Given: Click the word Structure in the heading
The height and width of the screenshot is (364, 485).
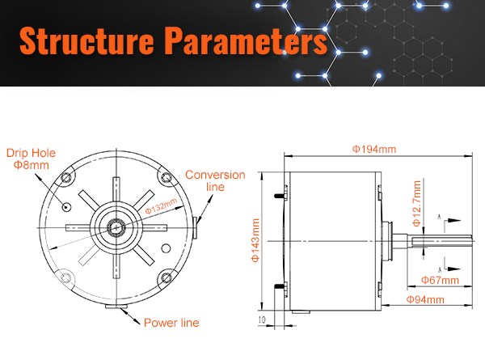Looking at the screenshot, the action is coord(86,40).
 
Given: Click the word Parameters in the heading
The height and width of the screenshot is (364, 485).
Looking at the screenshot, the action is coord(246,40).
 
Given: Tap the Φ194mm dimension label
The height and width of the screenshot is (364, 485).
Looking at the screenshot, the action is coord(374,149).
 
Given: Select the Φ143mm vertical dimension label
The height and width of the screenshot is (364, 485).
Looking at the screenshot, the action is coord(255,240).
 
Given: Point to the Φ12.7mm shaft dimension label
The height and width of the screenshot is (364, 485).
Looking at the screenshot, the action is coord(416,203).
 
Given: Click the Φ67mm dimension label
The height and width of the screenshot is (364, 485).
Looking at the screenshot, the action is coord(440,280).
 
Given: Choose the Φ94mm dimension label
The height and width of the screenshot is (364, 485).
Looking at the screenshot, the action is coord(425,299).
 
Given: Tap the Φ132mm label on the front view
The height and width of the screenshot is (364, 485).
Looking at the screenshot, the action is coord(161,205).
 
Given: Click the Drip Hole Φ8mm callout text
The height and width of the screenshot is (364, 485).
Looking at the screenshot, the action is coord(31,159).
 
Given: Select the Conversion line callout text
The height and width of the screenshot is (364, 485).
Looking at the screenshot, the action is coord(215,180).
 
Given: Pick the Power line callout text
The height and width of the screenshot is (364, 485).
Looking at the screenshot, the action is coord(171,323).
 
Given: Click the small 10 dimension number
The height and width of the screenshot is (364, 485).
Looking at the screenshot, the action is coord(262,320).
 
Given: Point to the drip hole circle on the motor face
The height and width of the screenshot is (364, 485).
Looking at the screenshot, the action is coord(66,207).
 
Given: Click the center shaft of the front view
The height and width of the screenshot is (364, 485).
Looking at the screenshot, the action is coord(116,228).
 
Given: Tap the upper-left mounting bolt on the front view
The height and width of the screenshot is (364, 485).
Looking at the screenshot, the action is coord(66,178).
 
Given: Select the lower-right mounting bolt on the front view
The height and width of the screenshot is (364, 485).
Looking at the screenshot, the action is coord(167,277).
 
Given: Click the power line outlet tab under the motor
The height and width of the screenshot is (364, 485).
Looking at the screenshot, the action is coord(116,307).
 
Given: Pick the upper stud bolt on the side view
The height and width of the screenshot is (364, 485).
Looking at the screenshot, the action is coord(280,196).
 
